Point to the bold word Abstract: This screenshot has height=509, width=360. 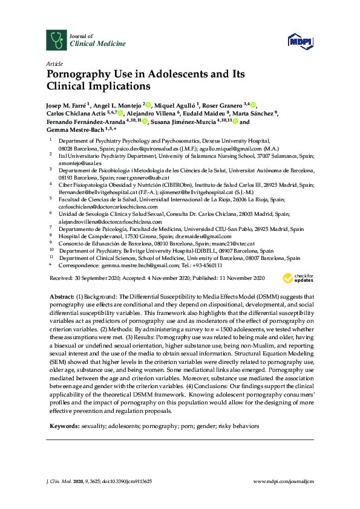coord(61,297)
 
